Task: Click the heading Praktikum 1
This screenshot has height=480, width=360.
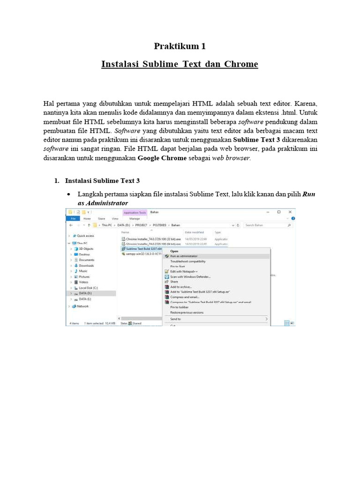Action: coord(180,46)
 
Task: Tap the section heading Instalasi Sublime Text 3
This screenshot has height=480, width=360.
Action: coord(102,180)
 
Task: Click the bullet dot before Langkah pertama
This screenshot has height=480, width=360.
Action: coord(69,194)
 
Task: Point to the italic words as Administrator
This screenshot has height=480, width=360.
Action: coord(103,203)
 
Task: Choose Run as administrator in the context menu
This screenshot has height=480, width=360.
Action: coord(184,256)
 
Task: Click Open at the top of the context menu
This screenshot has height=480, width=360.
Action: coord(174,251)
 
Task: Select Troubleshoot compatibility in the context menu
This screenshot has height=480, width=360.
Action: coord(187,261)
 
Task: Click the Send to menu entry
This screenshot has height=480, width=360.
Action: coord(175,319)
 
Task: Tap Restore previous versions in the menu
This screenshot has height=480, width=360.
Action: coord(187,312)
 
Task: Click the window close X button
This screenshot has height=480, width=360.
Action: coord(291,212)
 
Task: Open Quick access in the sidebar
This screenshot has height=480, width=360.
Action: coord(85,236)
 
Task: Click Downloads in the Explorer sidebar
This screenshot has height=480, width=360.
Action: coord(86,265)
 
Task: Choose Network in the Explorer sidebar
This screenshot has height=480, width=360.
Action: coord(82,306)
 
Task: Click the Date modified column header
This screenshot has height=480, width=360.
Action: coord(195,232)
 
